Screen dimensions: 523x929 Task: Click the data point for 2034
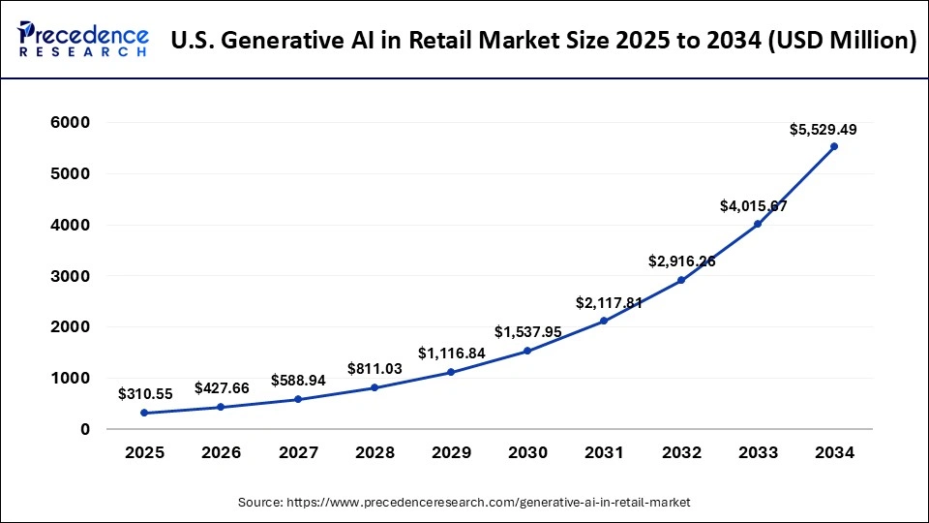coord(834,146)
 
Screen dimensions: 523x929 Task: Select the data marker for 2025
coord(144,413)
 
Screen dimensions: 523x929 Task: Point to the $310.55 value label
coord(145,394)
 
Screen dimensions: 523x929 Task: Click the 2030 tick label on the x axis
coord(527,452)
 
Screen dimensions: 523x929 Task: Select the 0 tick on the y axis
coord(84,429)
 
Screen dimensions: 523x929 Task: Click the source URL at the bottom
coord(464,502)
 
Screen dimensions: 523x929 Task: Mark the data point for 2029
coord(451,372)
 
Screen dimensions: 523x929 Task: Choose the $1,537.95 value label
coord(528,332)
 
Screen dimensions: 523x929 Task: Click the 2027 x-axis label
coord(297,452)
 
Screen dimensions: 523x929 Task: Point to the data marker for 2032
coord(681,280)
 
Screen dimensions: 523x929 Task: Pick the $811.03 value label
coord(375,369)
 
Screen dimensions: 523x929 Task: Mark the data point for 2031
coord(605,321)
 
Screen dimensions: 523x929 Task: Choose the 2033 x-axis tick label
coord(758,452)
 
